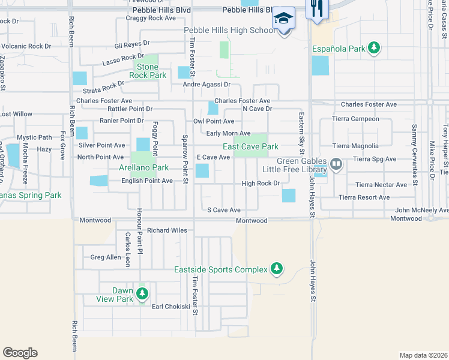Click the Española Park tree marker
pos(374,47)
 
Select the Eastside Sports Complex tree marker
pos(276,269)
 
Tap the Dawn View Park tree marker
pos(142,294)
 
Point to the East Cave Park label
pos(250,146)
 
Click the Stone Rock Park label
pos(151,71)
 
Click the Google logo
pos(20,353)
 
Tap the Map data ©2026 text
pos(423,355)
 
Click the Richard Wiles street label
pos(167,230)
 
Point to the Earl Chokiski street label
pos(170,307)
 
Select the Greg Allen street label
pos(106,257)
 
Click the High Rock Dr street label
pos(261,184)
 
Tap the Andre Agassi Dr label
pos(206,85)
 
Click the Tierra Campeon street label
pos(356,119)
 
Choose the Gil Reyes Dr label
pos(131,45)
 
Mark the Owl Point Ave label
pos(213,121)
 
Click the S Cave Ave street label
pos(223,210)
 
